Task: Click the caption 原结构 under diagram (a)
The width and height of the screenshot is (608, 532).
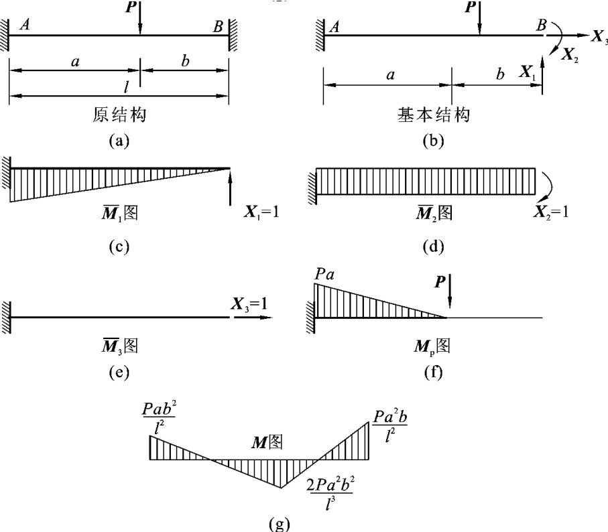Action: (119, 115)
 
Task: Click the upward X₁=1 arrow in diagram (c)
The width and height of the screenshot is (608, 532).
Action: (229, 187)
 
